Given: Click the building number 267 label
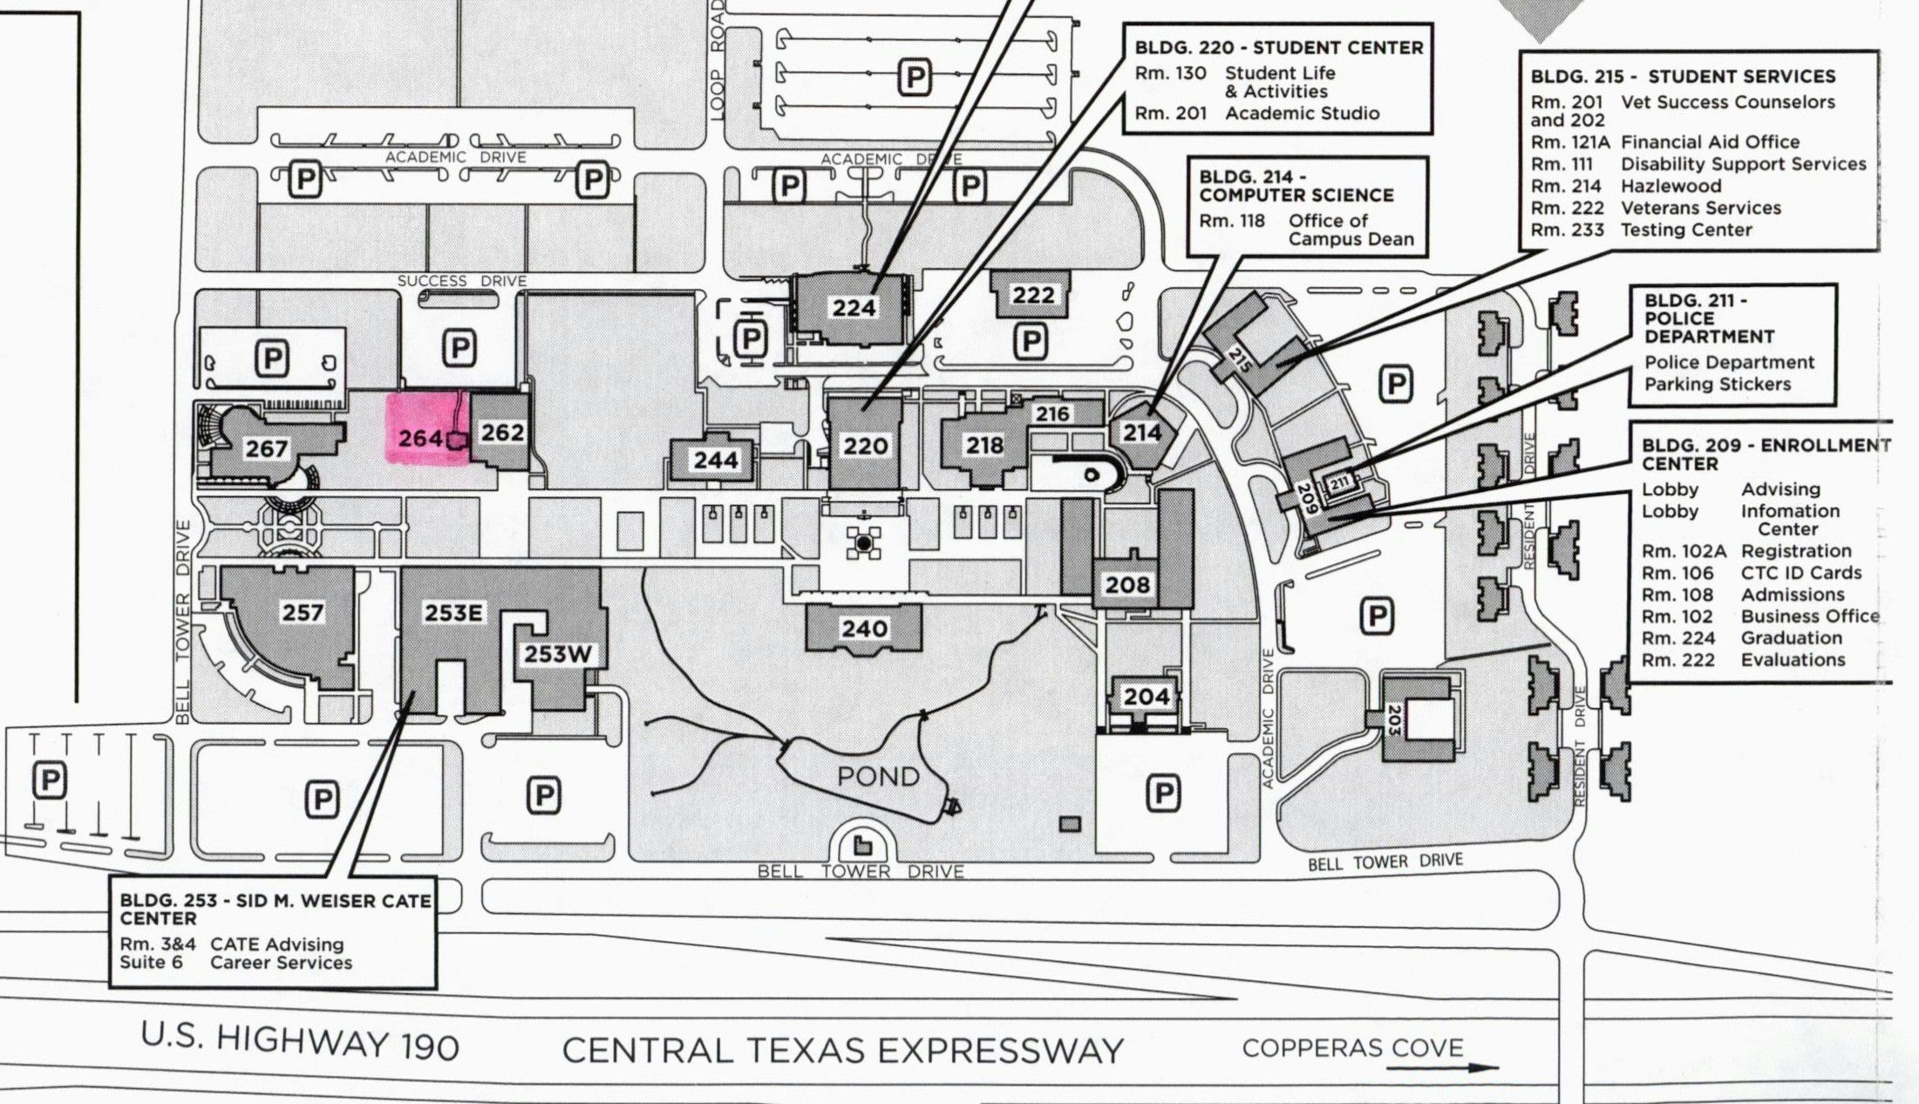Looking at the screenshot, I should pyautogui.click(x=266, y=448).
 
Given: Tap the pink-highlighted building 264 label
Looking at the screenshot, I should pyautogui.click(x=420, y=439).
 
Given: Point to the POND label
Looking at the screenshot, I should pyautogui.click(x=878, y=776).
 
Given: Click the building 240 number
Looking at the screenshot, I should pyautogui.click(x=864, y=628).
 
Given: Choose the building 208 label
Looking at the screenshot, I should pyautogui.click(x=1127, y=583).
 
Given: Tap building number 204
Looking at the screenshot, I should pyautogui.click(x=1146, y=696).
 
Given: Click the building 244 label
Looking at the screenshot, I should pyautogui.click(x=716, y=460).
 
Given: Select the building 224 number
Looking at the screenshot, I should pyautogui.click(x=854, y=308).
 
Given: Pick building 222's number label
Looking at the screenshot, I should pyautogui.click(x=1033, y=295).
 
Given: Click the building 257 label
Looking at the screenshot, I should pyautogui.click(x=303, y=612).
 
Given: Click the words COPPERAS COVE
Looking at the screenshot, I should pyautogui.click(x=1352, y=1047).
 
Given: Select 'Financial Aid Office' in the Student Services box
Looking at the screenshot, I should pyautogui.click(x=1710, y=142).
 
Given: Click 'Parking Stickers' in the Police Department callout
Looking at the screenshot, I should pyautogui.click(x=1718, y=385).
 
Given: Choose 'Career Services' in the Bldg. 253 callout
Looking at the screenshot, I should pyautogui.click(x=281, y=963).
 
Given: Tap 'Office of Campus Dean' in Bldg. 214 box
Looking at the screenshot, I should pyautogui.click(x=1351, y=230).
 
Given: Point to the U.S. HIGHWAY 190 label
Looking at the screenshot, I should pyautogui.click(x=300, y=1041).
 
